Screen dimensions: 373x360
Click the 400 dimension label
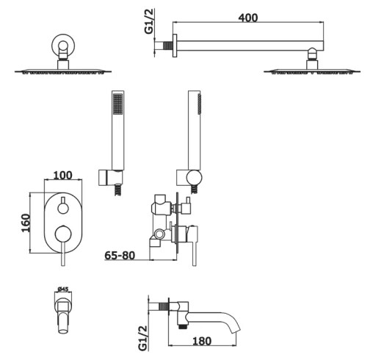click(248, 18)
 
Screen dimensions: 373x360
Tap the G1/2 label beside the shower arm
click(149, 21)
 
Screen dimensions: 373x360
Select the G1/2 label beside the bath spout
click(142, 338)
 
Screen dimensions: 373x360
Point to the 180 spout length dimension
click(202, 341)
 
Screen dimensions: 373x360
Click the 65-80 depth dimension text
click(120, 256)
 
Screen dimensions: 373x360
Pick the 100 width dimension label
click(63, 176)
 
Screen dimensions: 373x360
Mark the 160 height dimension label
click(26, 223)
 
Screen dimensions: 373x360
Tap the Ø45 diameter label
click(63, 289)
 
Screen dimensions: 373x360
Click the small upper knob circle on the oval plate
click(63, 209)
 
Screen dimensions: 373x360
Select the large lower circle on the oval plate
click(63, 234)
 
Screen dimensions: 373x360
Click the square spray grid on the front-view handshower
click(118, 104)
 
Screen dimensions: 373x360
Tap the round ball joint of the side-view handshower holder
click(194, 177)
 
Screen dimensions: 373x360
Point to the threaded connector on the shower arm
click(168, 46)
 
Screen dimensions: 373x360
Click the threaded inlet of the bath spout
click(163, 307)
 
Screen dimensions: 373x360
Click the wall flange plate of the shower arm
click(175, 46)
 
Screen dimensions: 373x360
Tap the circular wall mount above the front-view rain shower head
click(63, 46)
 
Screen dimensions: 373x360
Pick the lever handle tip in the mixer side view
click(195, 264)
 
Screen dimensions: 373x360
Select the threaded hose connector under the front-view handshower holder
click(118, 190)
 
